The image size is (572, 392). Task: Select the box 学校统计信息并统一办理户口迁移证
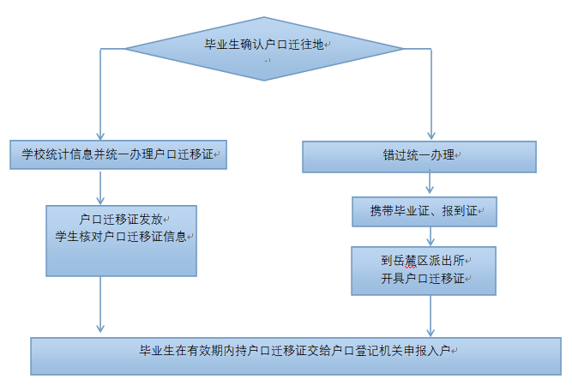[x=119, y=155]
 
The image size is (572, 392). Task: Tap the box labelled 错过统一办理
[x=419, y=156]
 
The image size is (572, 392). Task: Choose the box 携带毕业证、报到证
[x=424, y=210]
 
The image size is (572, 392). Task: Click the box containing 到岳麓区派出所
[x=424, y=270]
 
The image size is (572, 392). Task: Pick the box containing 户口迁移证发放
[x=121, y=240]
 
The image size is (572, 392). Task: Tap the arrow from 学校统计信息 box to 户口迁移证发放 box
[x=101, y=188]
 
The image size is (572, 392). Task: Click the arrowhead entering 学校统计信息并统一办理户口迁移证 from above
[x=101, y=136]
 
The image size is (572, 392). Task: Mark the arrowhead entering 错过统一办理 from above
[x=431, y=136]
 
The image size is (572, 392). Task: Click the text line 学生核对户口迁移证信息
[x=121, y=236]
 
